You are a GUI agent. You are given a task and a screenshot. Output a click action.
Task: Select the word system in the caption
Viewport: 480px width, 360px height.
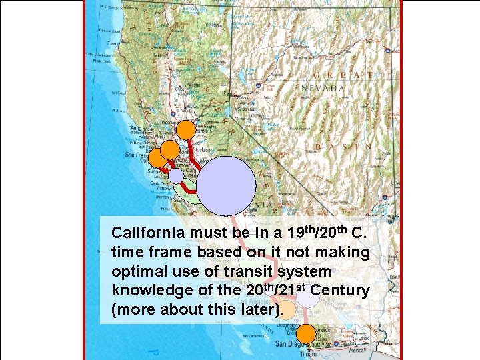[x=307, y=272]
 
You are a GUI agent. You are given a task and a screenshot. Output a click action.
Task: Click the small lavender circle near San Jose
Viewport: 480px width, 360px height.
[x=175, y=175]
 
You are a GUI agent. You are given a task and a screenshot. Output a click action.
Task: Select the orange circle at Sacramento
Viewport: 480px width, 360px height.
[x=187, y=129]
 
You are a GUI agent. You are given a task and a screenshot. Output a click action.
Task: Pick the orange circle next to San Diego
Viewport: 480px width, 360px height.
[x=305, y=333]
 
